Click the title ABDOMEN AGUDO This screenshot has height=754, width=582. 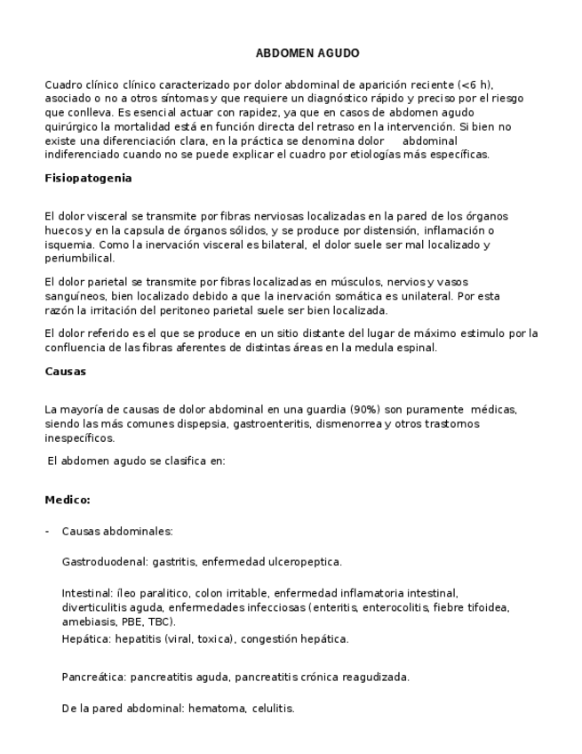pyautogui.click(x=307, y=53)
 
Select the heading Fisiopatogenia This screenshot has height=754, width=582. pyautogui.click(x=88, y=178)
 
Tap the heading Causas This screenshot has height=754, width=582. pyautogui.click(x=67, y=372)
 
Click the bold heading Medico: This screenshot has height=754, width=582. pyautogui.click(x=68, y=500)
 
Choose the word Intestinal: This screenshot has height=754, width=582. pyautogui.click(x=85, y=592)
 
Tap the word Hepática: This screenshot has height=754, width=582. pyautogui.click(x=85, y=638)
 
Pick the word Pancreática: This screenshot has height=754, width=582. pyautogui.click(x=93, y=677)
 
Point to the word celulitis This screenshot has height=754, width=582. pyautogui.click(x=272, y=709)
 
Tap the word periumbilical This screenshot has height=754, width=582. pyautogui.click(x=79, y=259)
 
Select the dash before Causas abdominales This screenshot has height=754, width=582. pyautogui.click(x=47, y=532)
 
